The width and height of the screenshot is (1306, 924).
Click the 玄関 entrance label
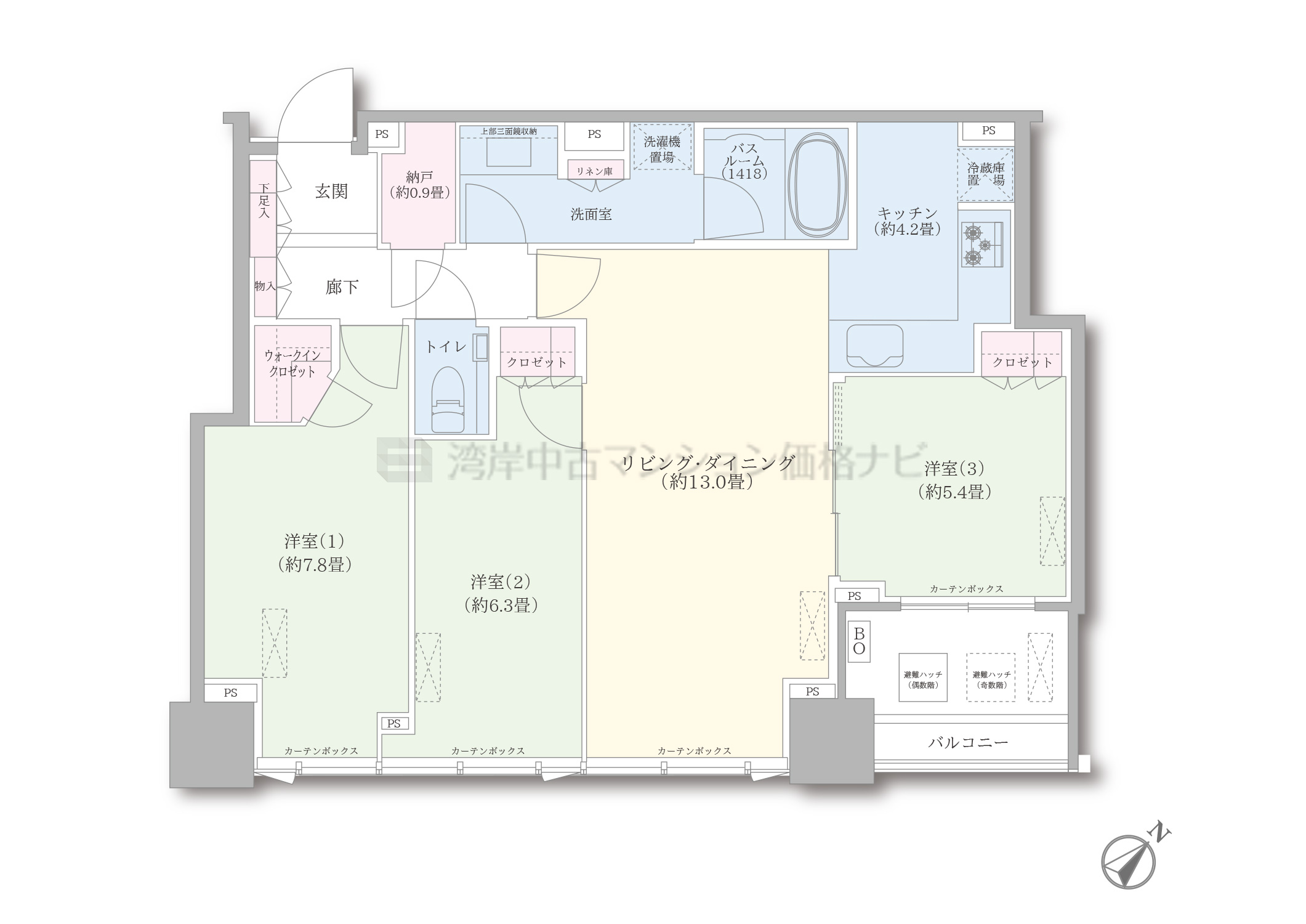coord(331,192)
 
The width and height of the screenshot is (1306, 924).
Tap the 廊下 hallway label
coord(342,287)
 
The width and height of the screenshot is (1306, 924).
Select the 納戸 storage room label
coord(419,177)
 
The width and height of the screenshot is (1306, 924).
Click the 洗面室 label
coord(591,214)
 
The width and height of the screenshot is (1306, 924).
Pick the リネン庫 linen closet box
coord(594,171)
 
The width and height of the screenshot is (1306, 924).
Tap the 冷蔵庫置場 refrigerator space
coord(985,174)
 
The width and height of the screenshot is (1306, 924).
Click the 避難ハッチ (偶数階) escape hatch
coord(923,678)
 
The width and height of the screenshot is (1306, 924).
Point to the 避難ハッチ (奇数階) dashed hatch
coord(991,678)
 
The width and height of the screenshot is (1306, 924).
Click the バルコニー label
coord(969,742)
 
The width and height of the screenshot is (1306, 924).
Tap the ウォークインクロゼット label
coord(292,363)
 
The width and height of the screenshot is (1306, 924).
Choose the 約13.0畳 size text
coord(707,482)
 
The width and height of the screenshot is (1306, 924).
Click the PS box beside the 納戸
coord(382,134)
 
